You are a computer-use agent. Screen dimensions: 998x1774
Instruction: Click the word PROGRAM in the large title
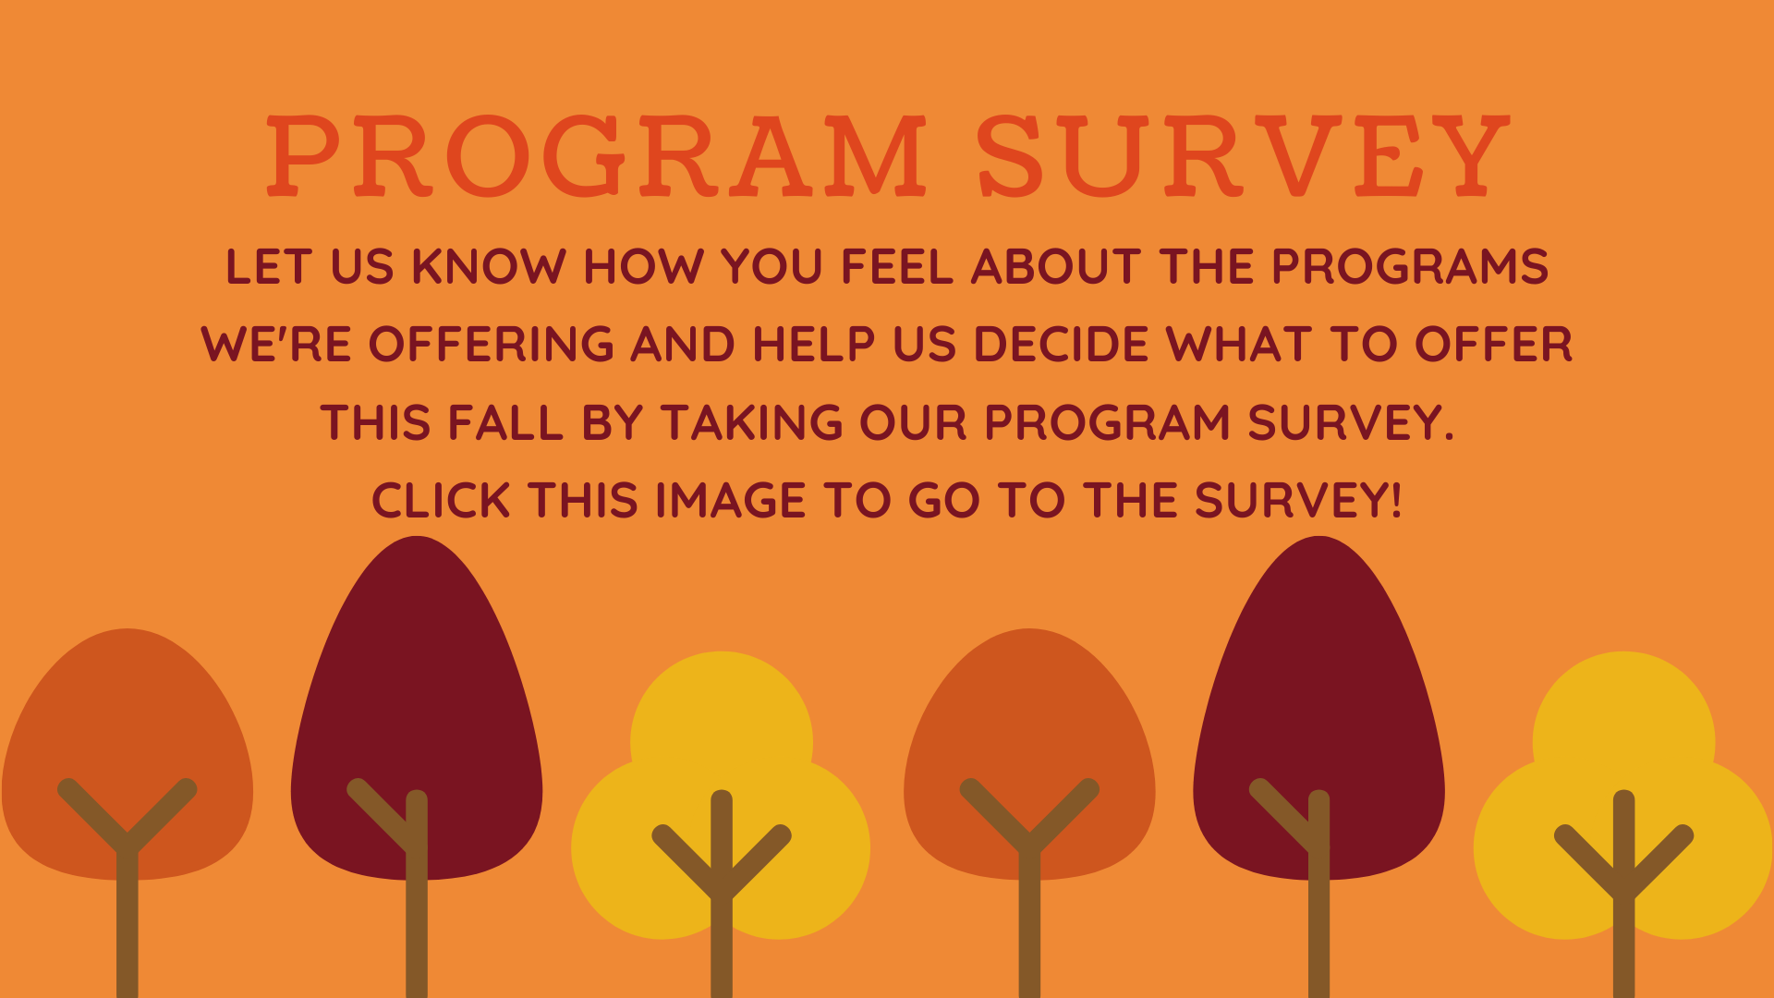click(596, 155)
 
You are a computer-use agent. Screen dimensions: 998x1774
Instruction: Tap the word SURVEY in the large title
click(1243, 155)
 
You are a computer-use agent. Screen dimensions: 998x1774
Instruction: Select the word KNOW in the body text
click(488, 267)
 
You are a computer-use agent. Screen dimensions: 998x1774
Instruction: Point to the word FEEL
click(896, 267)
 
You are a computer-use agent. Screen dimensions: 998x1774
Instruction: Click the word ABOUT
click(1056, 267)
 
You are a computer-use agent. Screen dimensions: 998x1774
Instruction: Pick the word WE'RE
click(276, 345)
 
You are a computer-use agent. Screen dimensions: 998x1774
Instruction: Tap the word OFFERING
click(491, 345)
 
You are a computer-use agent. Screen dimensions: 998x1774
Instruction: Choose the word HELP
click(813, 345)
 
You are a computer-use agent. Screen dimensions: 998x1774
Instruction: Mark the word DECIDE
click(1061, 345)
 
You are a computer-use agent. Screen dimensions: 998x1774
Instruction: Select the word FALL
click(504, 423)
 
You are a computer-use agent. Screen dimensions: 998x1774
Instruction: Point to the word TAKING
click(751, 423)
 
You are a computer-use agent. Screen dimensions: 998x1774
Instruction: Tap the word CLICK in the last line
click(441, 501)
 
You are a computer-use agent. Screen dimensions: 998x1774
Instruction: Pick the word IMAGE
click(731, 501)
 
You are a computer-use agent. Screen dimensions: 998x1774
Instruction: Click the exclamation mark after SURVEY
click(1395, 501)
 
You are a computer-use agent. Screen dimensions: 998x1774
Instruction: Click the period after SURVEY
click(1448, 437)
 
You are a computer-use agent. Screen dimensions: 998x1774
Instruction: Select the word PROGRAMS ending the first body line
click(1409, 267)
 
